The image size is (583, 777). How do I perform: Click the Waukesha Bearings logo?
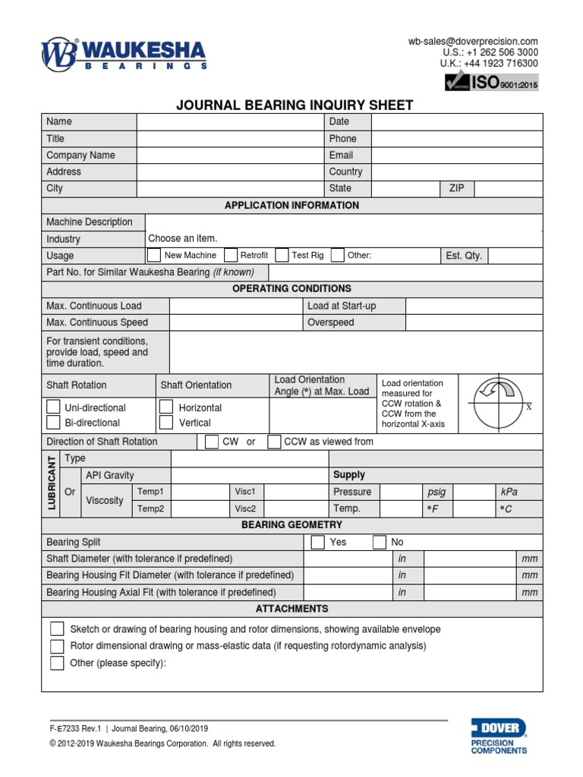123,54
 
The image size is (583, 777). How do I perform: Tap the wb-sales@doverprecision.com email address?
473,42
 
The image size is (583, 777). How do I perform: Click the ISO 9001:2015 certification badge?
493,83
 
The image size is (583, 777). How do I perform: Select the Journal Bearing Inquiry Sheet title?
295,105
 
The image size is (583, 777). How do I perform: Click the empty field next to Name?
229,121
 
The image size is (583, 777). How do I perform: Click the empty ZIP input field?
509,188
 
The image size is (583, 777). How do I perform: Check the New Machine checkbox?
153,255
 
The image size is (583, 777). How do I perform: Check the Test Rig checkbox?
282,255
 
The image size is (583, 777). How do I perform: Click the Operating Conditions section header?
291,288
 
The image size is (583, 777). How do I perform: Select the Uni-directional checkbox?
53,407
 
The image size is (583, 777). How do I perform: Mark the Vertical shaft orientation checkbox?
166,423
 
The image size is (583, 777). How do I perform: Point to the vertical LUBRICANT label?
52,483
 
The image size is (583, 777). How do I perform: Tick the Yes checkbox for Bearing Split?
318,542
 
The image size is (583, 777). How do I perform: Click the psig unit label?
436,492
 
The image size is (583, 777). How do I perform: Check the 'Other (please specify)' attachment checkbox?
57,663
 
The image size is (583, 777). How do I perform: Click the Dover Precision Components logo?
498,735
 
